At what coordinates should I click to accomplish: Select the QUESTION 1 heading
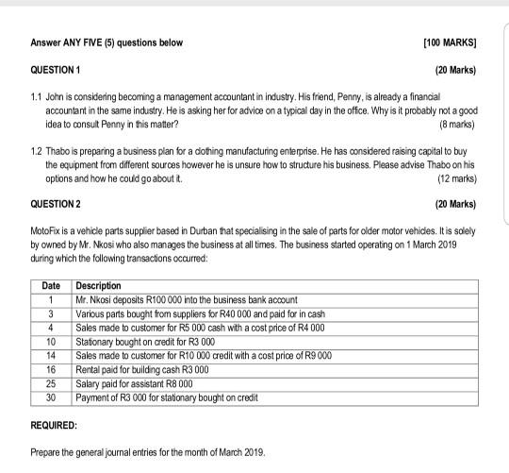[x=56, y=71]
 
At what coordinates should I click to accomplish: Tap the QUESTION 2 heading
[x=56, y=204]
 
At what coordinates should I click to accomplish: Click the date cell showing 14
[x=51, y=355]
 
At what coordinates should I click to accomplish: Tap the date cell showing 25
[x=51, y=385]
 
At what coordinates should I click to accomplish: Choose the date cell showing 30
[x=51, y=398]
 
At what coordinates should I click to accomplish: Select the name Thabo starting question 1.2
[x=58, y=151]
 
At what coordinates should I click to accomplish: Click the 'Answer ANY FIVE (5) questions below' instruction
[x=107, y=43]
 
